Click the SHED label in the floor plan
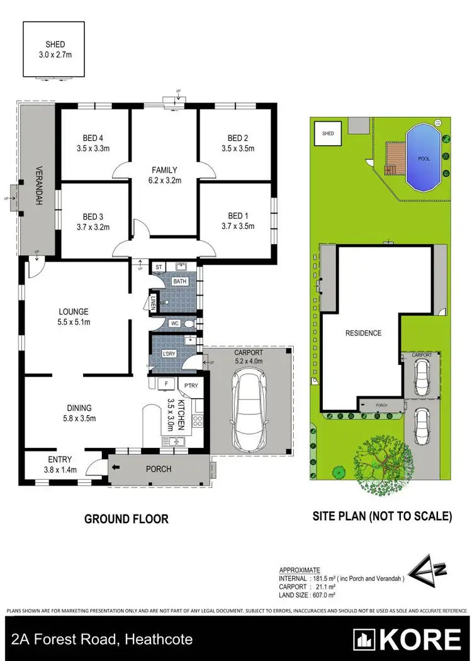pos(54,45)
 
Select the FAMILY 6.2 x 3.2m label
pos(165,170)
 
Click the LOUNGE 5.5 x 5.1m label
pos(74,311)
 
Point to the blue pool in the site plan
pos(424,158)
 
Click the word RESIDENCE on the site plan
pos(363,333)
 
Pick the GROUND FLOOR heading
pos(126,519)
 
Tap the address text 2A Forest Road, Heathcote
pos(102,640)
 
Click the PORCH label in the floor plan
pos(159,469)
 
